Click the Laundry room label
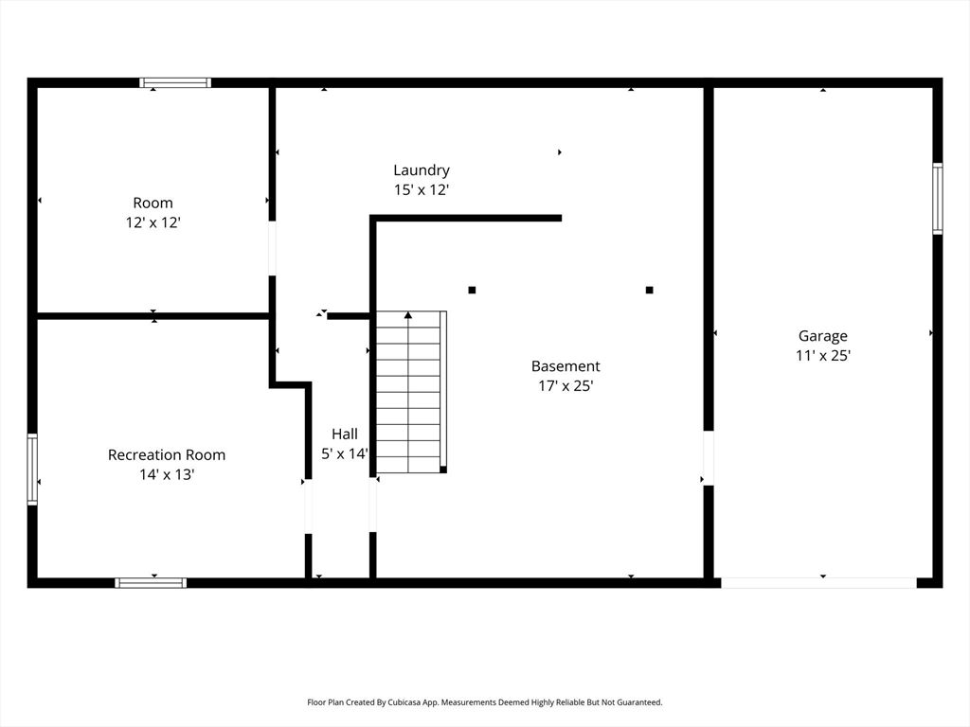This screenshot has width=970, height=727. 422,170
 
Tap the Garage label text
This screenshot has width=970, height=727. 822,335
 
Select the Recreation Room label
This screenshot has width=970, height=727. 167,454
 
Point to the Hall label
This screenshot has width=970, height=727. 344,434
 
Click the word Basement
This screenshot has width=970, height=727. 566,366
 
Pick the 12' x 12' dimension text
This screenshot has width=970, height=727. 153,222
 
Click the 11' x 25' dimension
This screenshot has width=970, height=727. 822,356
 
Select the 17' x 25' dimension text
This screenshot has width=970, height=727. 566,386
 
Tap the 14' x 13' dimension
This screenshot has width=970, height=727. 167,475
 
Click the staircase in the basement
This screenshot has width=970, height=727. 409,391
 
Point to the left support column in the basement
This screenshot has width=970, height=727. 472,290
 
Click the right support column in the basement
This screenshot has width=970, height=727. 649,290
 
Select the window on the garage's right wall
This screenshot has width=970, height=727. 937,199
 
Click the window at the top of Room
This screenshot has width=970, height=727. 175,83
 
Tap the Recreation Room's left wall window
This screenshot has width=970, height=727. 32,470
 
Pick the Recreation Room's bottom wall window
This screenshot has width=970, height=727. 151,582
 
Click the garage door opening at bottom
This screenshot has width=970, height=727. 818,583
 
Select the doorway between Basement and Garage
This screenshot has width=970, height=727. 708,458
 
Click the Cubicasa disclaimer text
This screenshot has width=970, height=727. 484,702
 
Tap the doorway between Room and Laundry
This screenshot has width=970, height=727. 272,249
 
